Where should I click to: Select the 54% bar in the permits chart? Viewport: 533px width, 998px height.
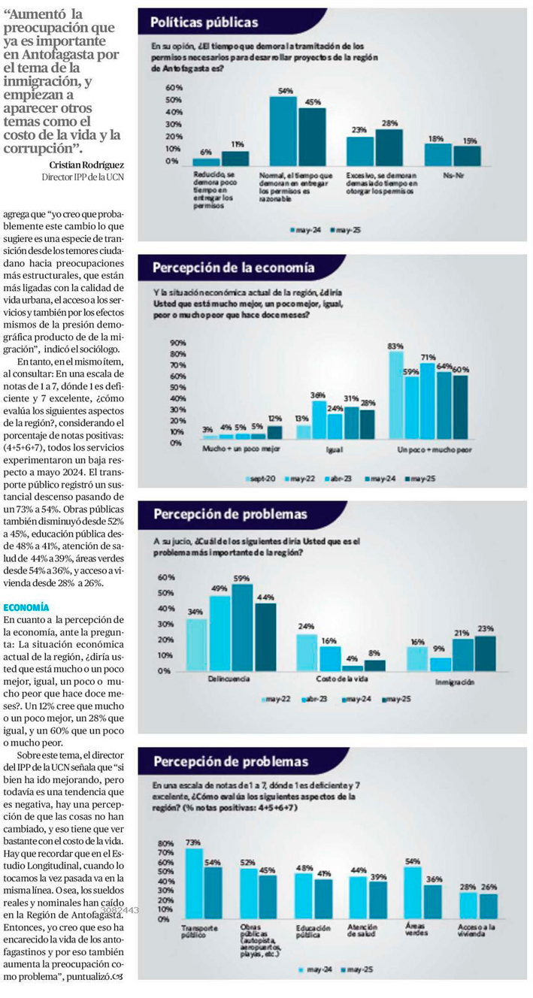[x=283, y=132]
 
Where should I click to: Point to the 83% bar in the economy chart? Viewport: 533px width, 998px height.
[x=396, y=395]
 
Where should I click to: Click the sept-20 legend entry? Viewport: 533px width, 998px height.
[x=262, y=478]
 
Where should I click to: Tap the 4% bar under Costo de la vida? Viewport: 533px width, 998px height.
[x=352, y=667]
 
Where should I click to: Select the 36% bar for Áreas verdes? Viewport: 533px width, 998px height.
[x=434, y=902]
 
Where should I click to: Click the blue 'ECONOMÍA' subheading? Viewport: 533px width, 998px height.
[x=26, y=606]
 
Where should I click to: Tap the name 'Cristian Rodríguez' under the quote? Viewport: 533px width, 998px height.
[x=87, y=165]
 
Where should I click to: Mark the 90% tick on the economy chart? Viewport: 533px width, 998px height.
[x=178, y=342]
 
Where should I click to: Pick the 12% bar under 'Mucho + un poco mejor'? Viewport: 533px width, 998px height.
[x=274, y=432]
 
